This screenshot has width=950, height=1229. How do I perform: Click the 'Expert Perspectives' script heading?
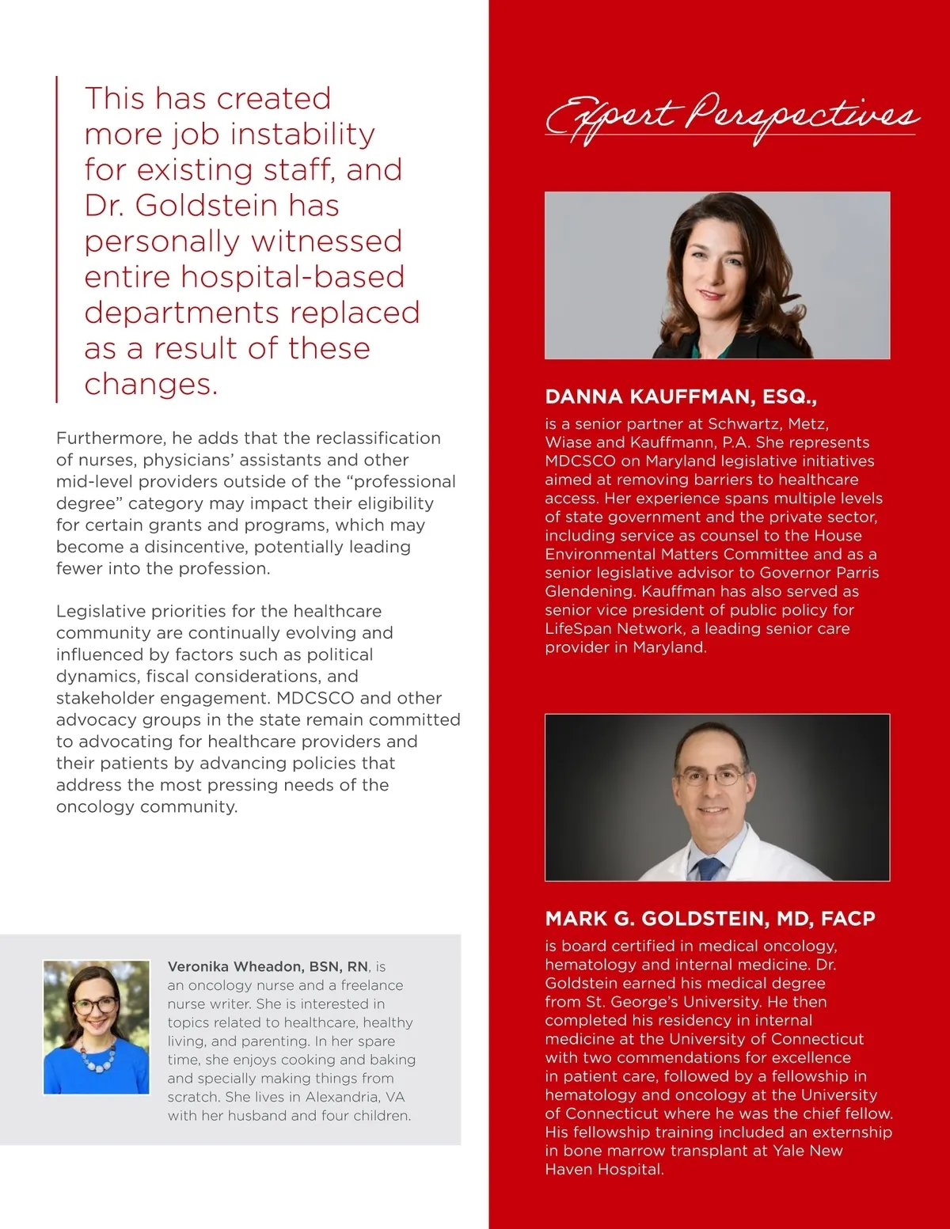click(x=731, y=117)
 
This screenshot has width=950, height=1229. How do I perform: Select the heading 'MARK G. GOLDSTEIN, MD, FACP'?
click(x=710, y=919)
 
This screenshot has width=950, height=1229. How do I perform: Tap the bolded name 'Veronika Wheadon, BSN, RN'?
click(x=268, y=966)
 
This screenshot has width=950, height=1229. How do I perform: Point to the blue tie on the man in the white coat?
click(x=707, y=868)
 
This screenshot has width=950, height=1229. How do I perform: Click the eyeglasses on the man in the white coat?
click(x=713, y=777)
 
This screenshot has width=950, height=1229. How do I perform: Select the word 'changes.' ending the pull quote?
click(x=150, y=385)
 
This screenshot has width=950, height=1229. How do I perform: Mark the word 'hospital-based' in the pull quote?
click(x=293, y=277)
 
